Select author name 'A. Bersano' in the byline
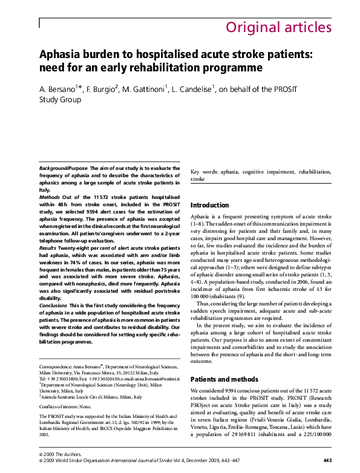point(59,90)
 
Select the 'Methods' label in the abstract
point(49,197)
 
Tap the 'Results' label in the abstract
point(48,249)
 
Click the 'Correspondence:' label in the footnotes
point(55,367)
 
